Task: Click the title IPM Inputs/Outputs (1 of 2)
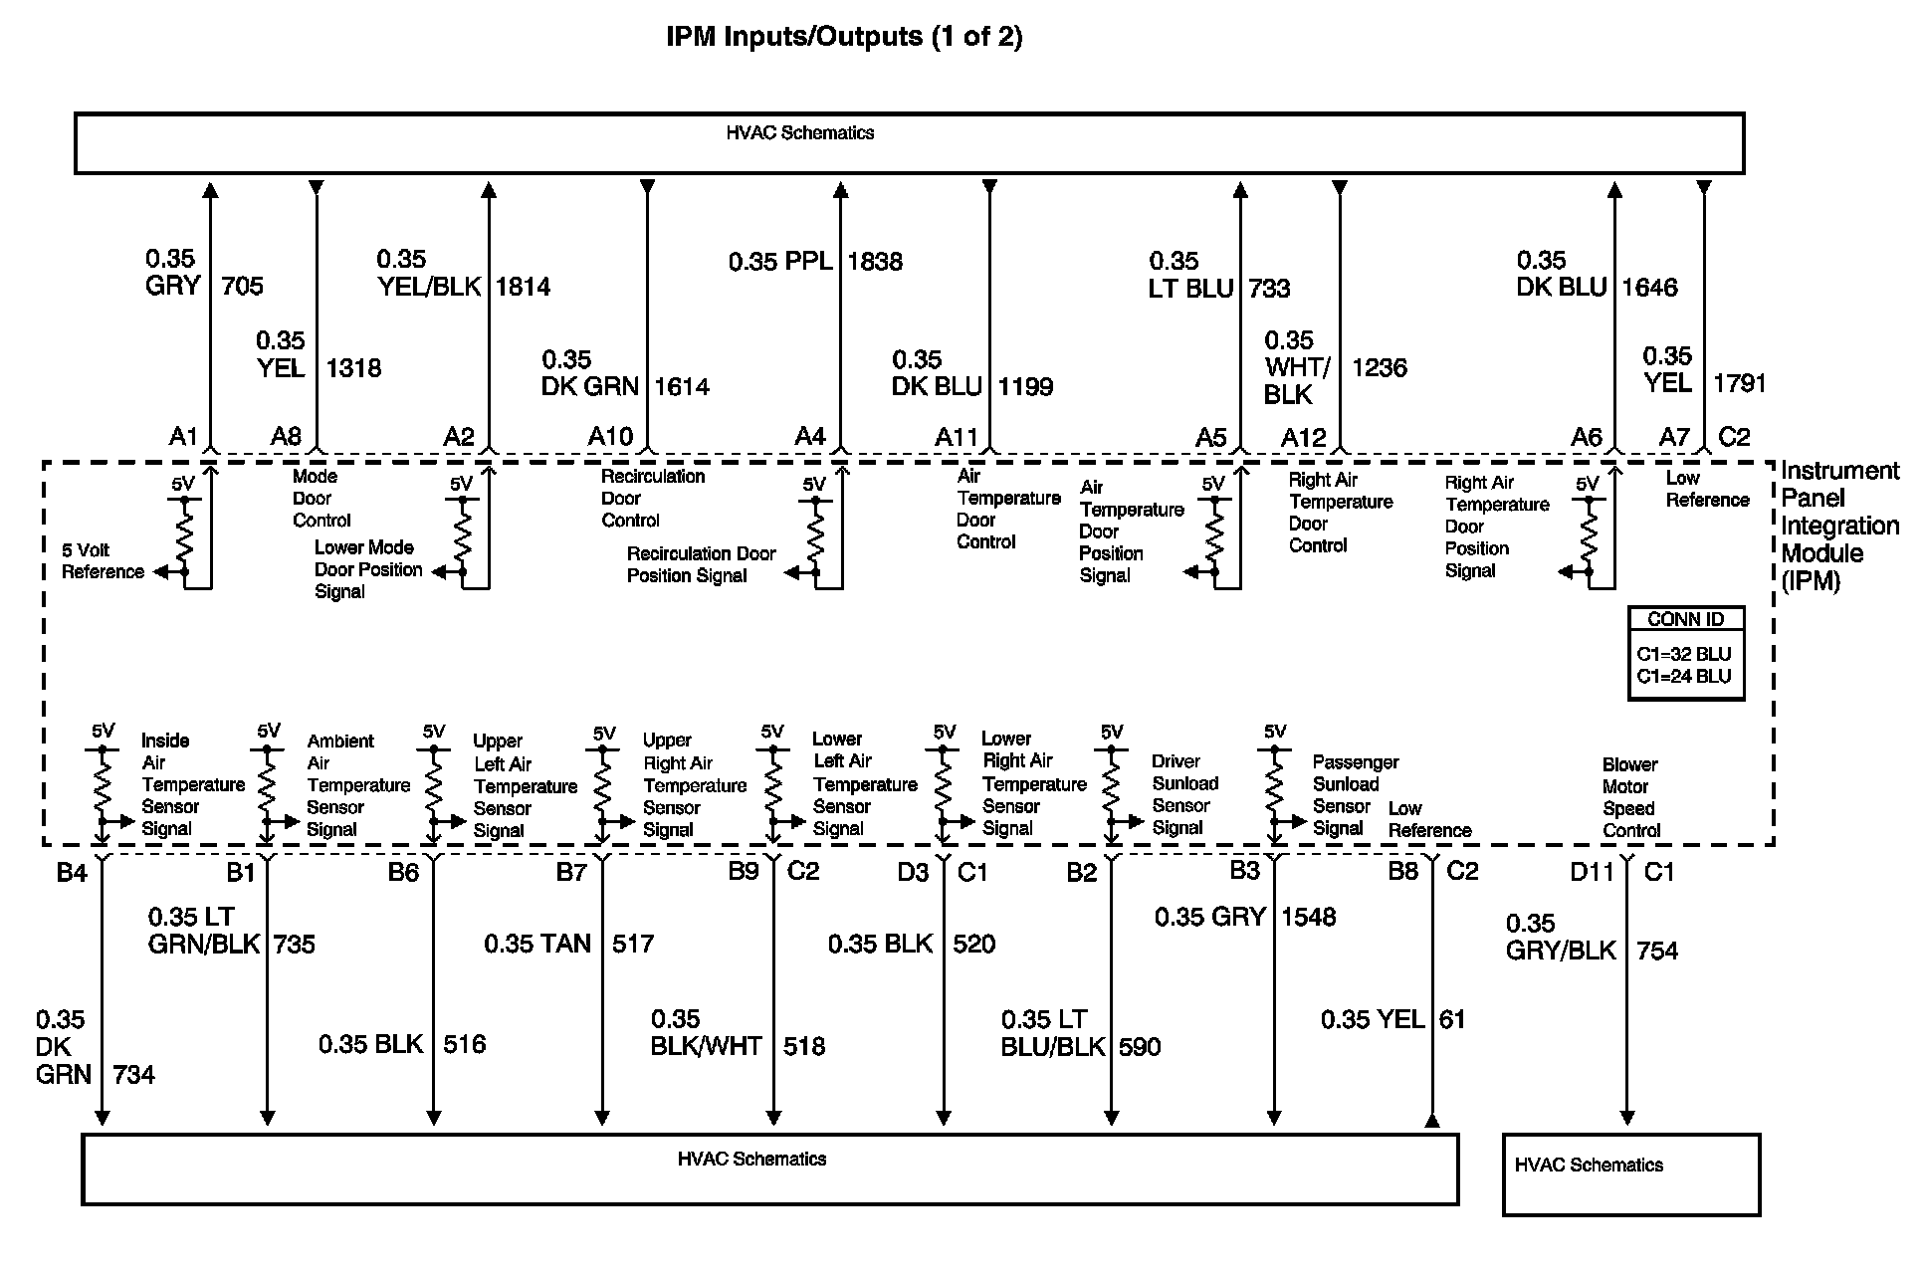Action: coord(844,37)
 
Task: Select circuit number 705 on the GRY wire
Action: coord(242,287)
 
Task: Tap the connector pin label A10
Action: coord(610,437)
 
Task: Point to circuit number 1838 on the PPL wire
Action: coord(875,262)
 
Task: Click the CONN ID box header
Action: coord(1685,619)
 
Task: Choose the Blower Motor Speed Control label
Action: coord(1631,797)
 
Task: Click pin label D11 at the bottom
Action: coord(1592,873)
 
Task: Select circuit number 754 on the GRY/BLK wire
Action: coord(1656,952)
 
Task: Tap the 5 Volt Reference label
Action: coord(103,561)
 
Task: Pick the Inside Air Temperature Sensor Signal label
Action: coord(193,784)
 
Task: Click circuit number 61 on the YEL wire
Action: coord(1452,1019)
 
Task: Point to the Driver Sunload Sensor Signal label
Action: coord(1184,794)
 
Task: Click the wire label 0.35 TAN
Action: coord(537,944)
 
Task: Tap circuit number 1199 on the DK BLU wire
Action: coord(1025,387)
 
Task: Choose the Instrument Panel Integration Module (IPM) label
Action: coord(1839,526)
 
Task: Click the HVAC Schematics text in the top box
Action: coord(799,133)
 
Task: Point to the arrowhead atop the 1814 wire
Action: coord(489,190)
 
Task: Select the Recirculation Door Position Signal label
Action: coord(701,564)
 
